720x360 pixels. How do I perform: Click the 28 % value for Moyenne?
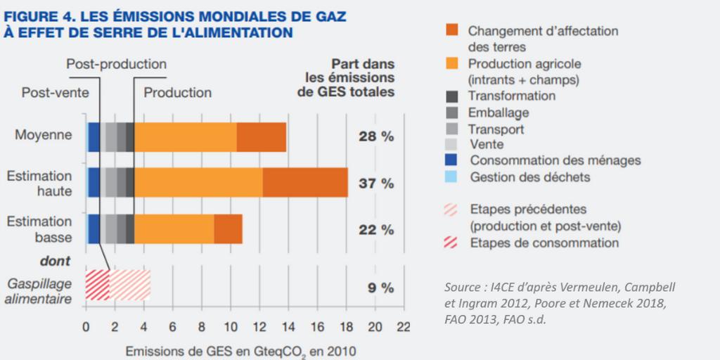[376, 136]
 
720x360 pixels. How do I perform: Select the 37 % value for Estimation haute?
[376, 183]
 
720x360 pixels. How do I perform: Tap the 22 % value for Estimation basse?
[376, 229]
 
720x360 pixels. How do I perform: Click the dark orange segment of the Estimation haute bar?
[305, 183]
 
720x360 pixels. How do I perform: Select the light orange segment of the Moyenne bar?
[185, 136]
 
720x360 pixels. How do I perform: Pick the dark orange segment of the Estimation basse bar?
[228, 229]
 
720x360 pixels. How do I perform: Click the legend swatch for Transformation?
[452, 96]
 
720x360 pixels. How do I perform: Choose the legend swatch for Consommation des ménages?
[452, 160]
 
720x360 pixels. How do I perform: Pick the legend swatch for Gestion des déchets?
[452, 176]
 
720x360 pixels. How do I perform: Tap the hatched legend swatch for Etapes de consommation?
[452, 243]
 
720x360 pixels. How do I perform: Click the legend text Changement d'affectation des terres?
[543, 38]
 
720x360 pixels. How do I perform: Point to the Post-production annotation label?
[116, 65]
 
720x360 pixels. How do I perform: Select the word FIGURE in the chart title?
[33, 17]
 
